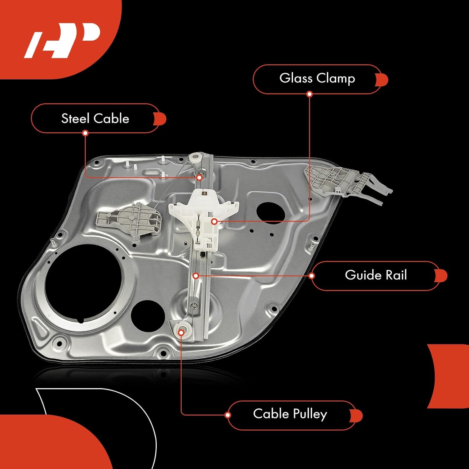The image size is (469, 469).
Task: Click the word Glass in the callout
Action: pyautogui.click(x=296, y=78)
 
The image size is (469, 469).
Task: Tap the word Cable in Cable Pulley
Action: pyautogui.click(x=271, y=414)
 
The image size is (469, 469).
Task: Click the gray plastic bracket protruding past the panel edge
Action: pyautogui.click(x=347, y=181)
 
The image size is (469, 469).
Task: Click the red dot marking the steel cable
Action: pyautogui.click(x=199, y=178)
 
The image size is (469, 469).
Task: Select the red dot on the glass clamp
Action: pyautogui.click(x=214, y=221)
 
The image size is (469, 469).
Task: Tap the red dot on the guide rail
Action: pyautogui.click(x=196, y=276)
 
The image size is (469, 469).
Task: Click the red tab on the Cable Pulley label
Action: pyautogui.click(x=357, y=416)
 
